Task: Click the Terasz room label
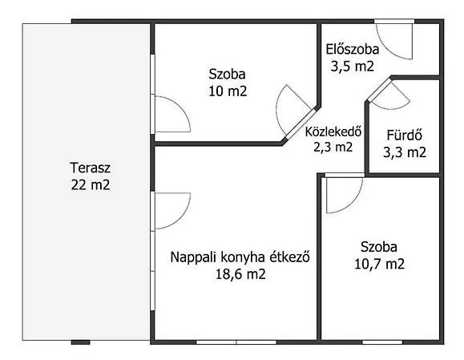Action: pos(91,168)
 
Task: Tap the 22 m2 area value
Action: pos(91,185)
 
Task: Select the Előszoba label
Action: pos(353,49)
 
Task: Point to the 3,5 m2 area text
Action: pos(353,67)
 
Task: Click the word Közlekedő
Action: pos(333,131)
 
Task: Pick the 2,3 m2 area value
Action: pos(333,147)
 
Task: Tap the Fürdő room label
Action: pos(405,136)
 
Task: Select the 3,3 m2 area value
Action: pos(405,152)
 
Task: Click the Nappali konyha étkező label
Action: pos(240,257)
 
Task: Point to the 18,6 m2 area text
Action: pos(240,274)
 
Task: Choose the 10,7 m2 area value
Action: pos(379,264)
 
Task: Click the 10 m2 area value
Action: pos(228,91)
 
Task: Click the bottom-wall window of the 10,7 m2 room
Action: pos(382,342)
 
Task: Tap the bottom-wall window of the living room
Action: pos(236,342)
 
